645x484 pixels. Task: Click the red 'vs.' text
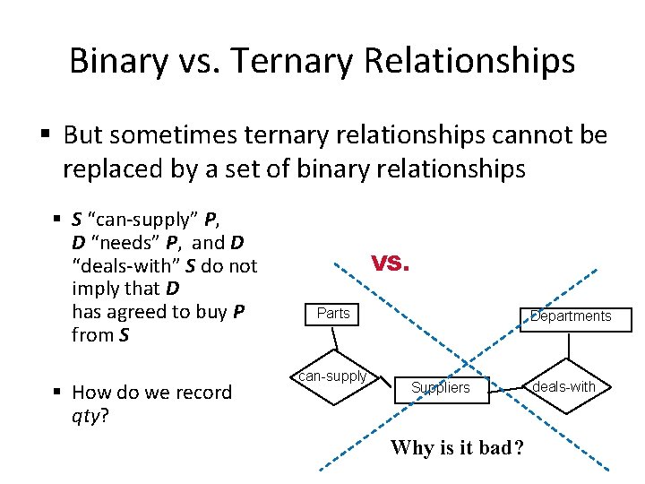pos(391,263)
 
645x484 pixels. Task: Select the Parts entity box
pos(333,314)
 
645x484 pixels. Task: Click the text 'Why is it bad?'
pos(457,447)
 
